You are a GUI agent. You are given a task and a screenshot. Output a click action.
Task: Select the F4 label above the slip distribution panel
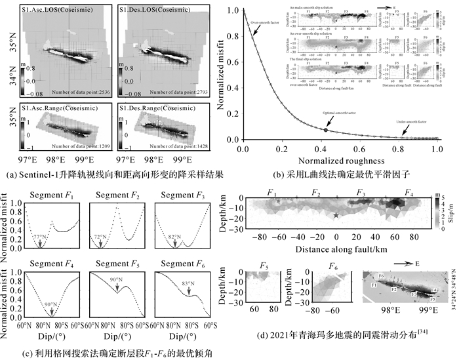click(409, 192)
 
